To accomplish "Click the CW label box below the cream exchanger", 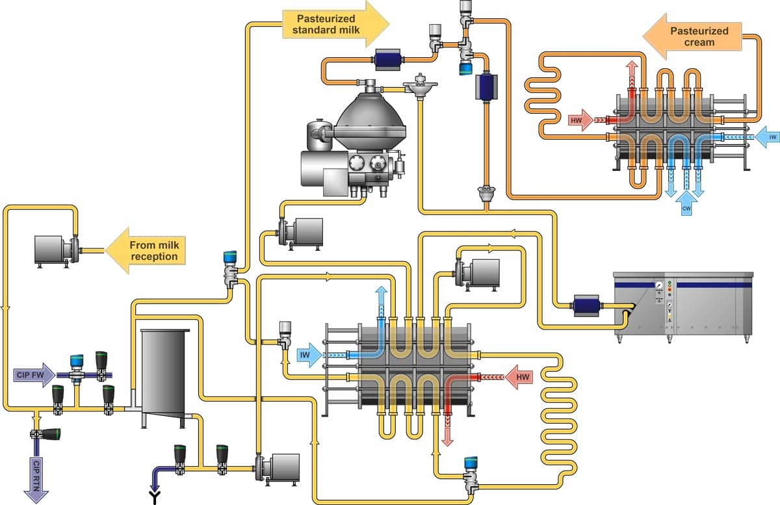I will pos(686,209).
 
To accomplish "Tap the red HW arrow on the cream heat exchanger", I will pos(580,120).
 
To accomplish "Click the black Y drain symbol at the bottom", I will pos(155,498).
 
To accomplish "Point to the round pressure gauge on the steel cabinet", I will pos(659,285).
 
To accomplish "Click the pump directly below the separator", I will pos(300,232).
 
